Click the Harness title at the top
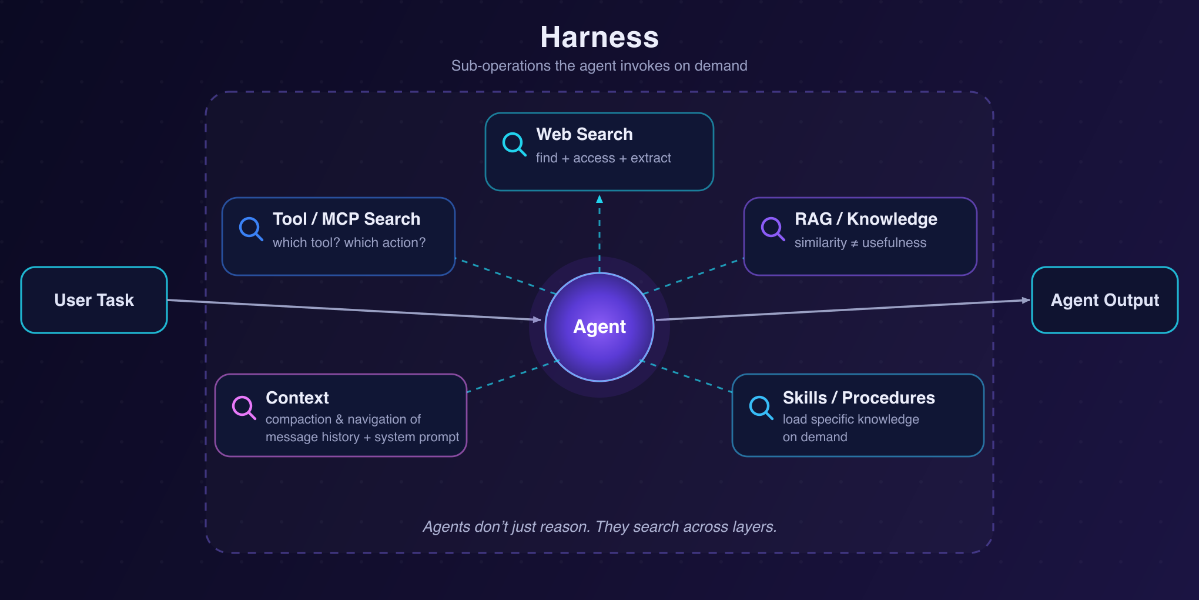(599, 37)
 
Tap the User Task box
(94, 300)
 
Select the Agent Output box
(1105, 300)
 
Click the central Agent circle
(599, 327)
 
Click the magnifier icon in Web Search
(514, 144)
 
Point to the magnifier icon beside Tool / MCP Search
(250, 229)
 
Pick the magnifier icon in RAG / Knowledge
(772, 229)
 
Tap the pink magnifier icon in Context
(243, 407)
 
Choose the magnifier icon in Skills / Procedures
(761, 407)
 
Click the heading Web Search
(584, 134)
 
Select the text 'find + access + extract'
(603, 158)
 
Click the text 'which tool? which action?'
(349, 242)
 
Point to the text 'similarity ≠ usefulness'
(860, 242)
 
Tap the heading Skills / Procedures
(859, 398)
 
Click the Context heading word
(297, 398)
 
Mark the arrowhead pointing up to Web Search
(599, 199)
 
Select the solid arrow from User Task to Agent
(354, 310)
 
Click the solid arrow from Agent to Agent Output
(843, 310)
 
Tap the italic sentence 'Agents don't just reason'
(506, 526)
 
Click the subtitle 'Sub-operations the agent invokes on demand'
(599, 65)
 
